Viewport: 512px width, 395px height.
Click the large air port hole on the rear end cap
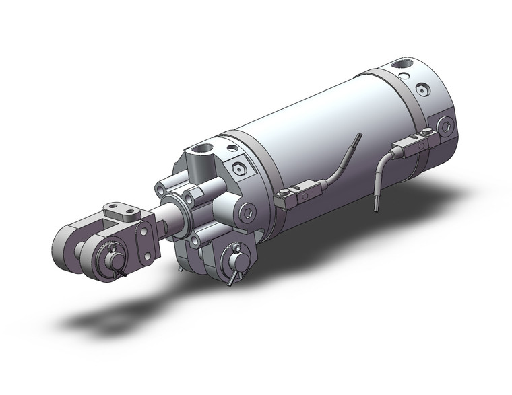coord(405,66)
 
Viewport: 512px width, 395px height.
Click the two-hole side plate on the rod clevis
coord(144,240)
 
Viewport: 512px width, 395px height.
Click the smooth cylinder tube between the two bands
coord(323,128)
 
